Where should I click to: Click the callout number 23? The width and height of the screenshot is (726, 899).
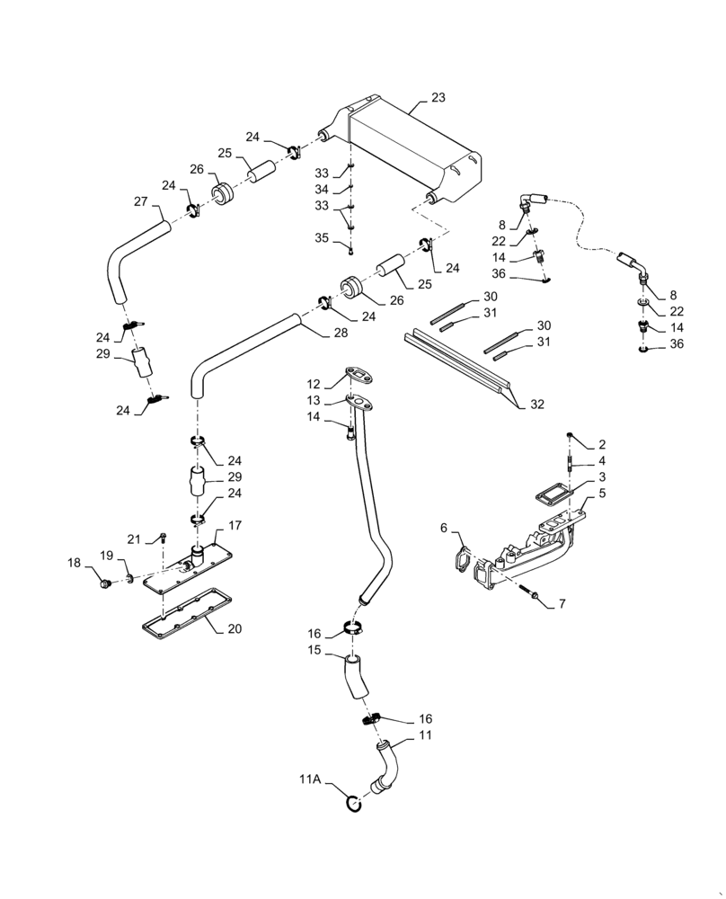click(x=438, y=97)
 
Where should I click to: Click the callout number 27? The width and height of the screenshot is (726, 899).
click(x=141, y=201)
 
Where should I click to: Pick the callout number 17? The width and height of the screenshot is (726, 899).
click(x=235, y=525)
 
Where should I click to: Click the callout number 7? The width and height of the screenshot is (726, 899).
click(x=562, y=604)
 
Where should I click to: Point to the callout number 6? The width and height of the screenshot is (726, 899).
click(x=444, y=528)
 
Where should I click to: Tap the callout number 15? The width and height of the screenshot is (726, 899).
click(x=314, y=649)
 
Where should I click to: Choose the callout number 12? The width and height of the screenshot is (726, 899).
click(x=312, y=383)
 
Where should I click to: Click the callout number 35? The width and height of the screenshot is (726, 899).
click(x=322, y=238)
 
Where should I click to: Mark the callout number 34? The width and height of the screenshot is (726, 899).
click(x=322, y=190)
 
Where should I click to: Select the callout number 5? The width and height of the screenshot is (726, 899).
click(x=602, y=494)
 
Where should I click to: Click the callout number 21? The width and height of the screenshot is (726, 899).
click(x=135, y=539)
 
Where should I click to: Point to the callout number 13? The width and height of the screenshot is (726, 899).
click(x=312, y=400)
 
